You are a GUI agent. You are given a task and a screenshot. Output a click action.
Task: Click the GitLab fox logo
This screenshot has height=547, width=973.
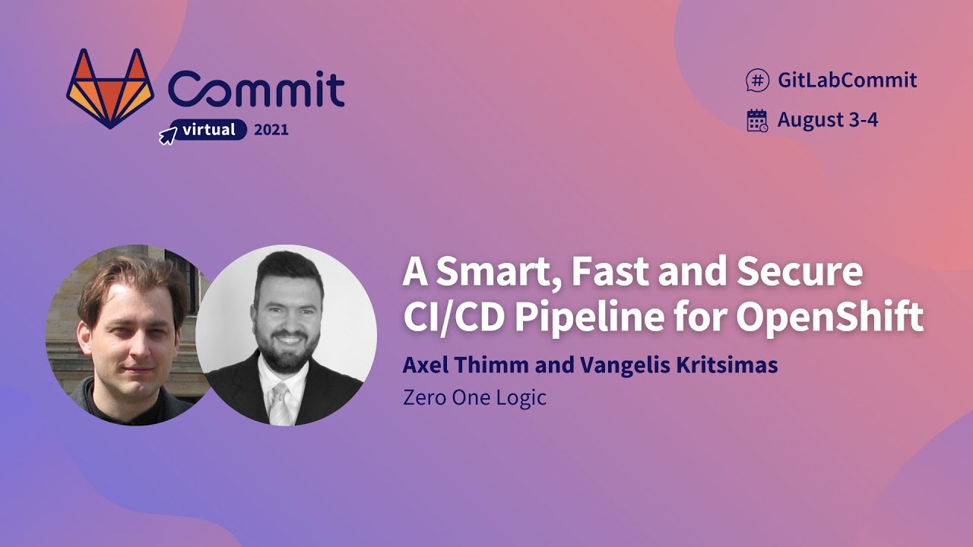pyautogui.click(x=110, y=88)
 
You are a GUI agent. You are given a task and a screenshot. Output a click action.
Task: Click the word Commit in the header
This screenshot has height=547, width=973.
pyautogui.click(x=256, y=90)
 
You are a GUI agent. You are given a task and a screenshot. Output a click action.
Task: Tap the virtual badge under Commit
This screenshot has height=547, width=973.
pyautogui.click(x=208, y=130)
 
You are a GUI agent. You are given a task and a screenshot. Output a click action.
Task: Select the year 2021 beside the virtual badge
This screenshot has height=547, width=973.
pyautogui.click(x=271, y=130)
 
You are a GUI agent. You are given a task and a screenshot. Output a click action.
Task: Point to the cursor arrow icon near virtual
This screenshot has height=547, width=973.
pyautogui.click(x=167, y=136)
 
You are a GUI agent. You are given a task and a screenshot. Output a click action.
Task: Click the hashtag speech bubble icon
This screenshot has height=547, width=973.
pyautogui.click(x=757, y=80)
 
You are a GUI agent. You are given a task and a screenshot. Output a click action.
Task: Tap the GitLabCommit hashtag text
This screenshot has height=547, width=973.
pyautogui.click(x=847, y=80)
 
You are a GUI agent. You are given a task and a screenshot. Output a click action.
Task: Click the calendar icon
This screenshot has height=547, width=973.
pyautogui.click(x=757, y=120)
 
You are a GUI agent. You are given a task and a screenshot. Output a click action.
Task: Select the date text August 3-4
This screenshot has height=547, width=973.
pyautogui.click(x=828, y=120)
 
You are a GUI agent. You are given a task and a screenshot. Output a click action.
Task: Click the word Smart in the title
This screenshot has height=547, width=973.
pyautogui.click(x=494, y=273)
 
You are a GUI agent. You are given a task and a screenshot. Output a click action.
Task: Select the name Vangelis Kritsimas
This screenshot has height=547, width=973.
pyautogui.click(x=679, y=365)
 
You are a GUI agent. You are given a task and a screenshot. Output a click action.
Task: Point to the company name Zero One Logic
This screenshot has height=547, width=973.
pyautogui.click(x=474, y=397)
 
